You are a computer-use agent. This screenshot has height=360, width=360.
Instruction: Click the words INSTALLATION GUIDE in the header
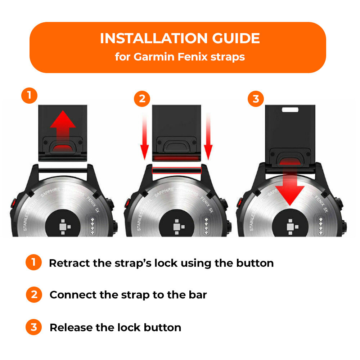tap(180, 39)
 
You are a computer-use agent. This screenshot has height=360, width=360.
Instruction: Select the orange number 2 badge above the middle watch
tap(142, 98)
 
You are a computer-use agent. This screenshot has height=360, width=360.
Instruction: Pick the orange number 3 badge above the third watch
tap(256, 98)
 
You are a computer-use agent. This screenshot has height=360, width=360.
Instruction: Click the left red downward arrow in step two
tap(144, 137)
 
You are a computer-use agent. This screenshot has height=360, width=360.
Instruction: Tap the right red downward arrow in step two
tap(208, 137)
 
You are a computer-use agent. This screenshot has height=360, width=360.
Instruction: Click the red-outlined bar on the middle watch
tap(176, 170)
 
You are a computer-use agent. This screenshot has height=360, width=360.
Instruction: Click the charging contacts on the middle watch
tap(206, 226)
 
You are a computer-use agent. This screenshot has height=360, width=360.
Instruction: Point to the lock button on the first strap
tap(63, 147)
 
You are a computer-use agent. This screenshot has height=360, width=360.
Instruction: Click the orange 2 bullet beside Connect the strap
tap(34, 295)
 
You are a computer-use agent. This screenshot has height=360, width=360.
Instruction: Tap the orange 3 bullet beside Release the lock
tap(34, 327)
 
